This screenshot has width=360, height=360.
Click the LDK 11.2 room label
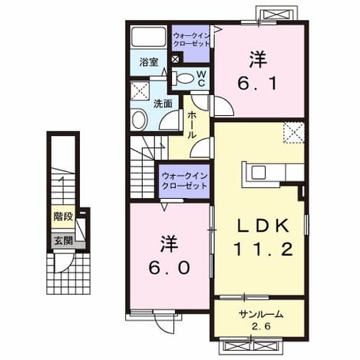point(263,238)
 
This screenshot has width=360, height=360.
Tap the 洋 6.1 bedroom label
point(258,71)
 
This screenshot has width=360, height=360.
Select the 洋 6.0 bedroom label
point(169,256)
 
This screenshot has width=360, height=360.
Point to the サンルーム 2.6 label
point(261,320)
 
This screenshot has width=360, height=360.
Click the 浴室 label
point(149,62)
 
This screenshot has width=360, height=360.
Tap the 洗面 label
point(163,104)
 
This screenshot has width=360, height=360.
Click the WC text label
point(201,78)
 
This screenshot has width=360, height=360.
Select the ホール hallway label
point(192,125)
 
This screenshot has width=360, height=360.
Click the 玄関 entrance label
point(64,240)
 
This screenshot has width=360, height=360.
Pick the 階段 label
point(64,216)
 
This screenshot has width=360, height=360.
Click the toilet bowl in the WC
point(183,78)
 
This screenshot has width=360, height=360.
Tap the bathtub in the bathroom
point(148,37)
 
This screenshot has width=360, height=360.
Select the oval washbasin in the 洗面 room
point(140,120)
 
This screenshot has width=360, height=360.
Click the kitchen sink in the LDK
point(259,172)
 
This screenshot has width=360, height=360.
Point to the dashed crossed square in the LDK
point(294,132)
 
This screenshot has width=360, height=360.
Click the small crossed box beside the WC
point(175,59)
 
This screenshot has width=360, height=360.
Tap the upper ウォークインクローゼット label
point(191,40)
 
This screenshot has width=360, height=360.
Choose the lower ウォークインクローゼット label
point(184,180)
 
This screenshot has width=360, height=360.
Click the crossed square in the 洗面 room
point(140,91)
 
